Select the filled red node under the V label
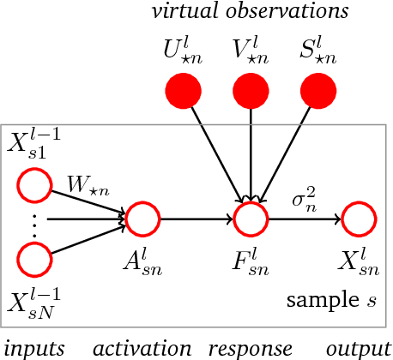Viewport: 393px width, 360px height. [x=250, y=88]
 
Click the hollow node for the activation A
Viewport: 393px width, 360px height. [x=143, y=219]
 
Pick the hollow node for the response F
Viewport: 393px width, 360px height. [x=251, y=219]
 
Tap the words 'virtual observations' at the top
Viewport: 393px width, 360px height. [x=250, y=11]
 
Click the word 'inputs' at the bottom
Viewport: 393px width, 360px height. [x=30, y=348]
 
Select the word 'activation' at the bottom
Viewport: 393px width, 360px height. [x=142, y=348]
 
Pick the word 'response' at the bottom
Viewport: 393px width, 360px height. [x=251, y=348]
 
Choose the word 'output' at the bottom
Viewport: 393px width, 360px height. [x=357, y=348]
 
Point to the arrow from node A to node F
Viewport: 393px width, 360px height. [x=196, y=219]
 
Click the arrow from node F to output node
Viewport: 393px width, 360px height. [x=304, y=219]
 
